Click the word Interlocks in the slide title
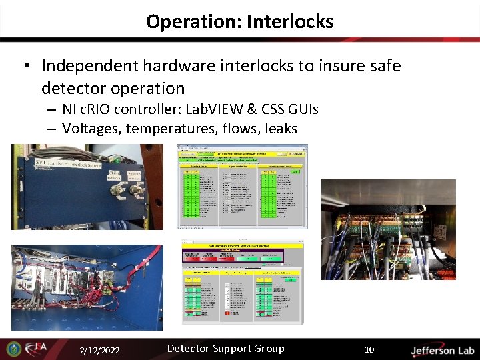coord(289,21)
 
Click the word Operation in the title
coord(192,21)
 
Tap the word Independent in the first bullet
coord(90,66)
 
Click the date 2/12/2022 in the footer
coord(99,349)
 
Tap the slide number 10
coord(369,349)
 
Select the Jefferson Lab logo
coord(442,349)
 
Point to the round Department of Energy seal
coord(13,349)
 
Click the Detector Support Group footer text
coord(225,349)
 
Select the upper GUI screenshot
coord(243,186)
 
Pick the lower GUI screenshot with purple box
coord(242,283)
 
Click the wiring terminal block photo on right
coord(388,229)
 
